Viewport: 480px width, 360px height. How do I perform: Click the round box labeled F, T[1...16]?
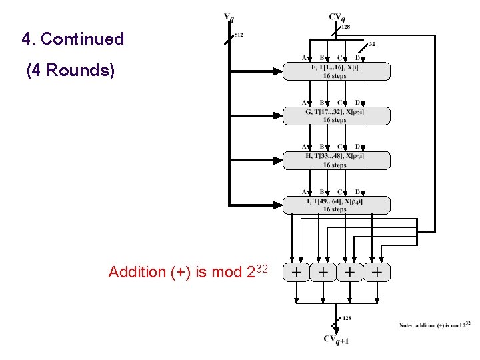(336, 71)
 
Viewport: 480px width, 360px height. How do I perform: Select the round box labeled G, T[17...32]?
(336, 116)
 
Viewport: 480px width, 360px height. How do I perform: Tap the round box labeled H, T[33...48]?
(336, 161)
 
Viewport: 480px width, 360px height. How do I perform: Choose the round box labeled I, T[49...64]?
(336, 205)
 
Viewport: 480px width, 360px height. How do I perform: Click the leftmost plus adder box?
(297, 272)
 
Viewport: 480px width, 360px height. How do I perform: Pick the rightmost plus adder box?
(377, 272)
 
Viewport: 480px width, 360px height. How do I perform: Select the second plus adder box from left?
(323, 272)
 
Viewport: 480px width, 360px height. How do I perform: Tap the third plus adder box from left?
(350, 272)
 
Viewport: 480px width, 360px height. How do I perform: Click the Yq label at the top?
(229, 18)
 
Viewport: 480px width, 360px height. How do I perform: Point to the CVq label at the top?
(337, 17)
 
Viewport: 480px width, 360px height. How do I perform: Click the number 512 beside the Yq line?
(239, 35)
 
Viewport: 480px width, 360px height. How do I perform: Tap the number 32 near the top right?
(372, 44)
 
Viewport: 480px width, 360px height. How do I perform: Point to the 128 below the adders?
(347, 318)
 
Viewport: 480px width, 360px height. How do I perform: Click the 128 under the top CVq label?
(345, 27)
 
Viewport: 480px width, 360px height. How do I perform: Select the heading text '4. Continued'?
(73, 39)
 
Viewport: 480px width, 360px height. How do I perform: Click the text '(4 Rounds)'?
(71, 70)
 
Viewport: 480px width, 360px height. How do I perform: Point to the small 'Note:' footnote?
(405, 325)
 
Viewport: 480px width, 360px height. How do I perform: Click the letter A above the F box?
(305, 57)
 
